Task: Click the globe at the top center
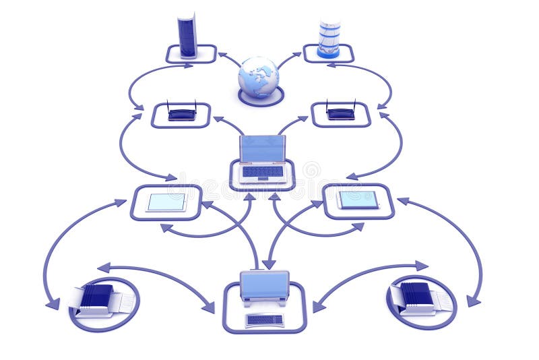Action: pyautogui.click(x=258, y=76)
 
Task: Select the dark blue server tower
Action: pyautogui.click(x=187, y=36)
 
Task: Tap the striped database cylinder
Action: pyautogui.click(x=329, y=38)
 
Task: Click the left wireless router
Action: pyautogui.click(x=182, y=113)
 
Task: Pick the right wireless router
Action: pyautogui.click(x=341, y=113)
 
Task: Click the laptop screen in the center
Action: pyautogui.click(x=262, y=149)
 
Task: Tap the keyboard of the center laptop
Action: pyautogui.click(x=262, y=172)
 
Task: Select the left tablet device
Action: pyautogui.click(x=166, y=202)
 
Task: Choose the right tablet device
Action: pyautogui.click(x=358, y=199)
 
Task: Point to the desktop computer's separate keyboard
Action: pyautogui.click(x=265, y=319)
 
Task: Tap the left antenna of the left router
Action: pyautogui.click(x=168, y=106)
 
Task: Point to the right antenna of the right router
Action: pyautogui.click(x=354, y=105)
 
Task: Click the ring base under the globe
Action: pyautogui.click(x=260, y=99)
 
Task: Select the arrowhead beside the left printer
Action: pyautogui.click(x=53, y=304)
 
